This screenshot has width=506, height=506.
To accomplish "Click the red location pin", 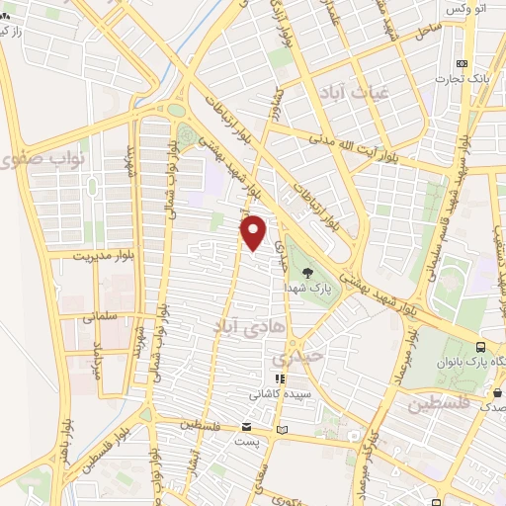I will pos(254,232).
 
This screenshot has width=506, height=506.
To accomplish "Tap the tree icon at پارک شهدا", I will pos(307,272).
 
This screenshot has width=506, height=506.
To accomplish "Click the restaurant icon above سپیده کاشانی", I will pos(280,378).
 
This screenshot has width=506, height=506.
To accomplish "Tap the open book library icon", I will pos(283,429).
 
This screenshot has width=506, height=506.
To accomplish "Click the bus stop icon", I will pos(480,348).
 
